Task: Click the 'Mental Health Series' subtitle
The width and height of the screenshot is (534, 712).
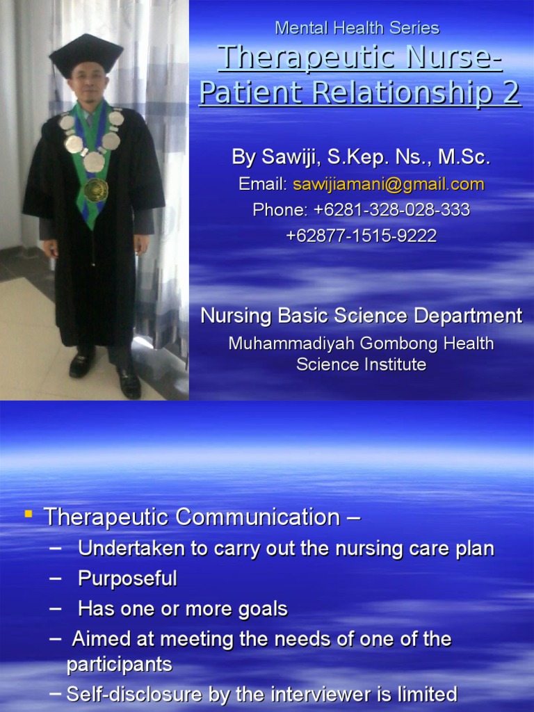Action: pos(357,28)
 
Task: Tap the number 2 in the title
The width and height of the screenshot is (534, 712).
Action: pos(510,92)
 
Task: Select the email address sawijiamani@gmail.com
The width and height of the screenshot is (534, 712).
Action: pos(389,184)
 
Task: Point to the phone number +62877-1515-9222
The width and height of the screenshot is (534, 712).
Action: pos(361,236)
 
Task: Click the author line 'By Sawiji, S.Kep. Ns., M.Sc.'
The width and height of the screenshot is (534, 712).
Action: pos(361,157)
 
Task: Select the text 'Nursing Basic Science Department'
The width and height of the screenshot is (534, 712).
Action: pos(361,316)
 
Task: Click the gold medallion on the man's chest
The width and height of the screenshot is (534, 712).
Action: pos(96,189)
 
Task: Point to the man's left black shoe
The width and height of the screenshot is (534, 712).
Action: pos(129,383)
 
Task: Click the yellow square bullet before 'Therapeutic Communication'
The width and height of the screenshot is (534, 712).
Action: pos(29,515)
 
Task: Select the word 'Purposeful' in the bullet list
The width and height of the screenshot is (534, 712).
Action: pos(127,578)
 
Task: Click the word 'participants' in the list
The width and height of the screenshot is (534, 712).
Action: pos(119,665)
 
